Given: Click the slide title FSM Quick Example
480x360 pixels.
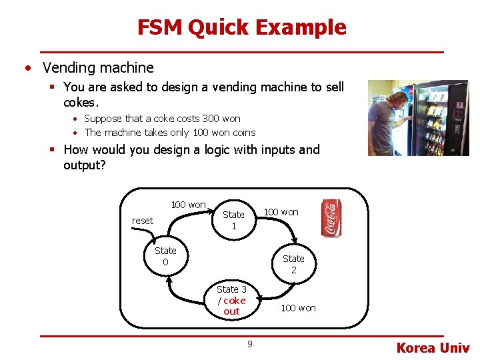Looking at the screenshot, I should pos(241,27).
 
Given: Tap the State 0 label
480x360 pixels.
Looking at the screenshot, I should pos(165,256).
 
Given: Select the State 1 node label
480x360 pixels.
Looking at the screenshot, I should pos(233,220).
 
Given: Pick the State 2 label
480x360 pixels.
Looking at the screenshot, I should pos(293,264).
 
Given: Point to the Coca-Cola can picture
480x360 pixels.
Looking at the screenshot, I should pos(331,218).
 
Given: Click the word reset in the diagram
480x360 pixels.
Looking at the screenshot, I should pos(142,221).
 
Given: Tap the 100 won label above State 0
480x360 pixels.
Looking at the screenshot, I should pos(188,205).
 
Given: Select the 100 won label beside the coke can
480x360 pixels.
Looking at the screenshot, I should pos(281,212).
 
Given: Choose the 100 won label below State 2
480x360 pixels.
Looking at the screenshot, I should pos(298,308).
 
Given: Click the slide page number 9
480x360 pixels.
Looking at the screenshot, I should pos(249,344).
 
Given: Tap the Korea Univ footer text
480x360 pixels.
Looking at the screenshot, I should pos(433,348).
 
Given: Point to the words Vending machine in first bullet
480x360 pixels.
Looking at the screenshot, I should pos(98,67).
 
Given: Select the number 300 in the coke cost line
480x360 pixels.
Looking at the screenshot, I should pos(211,119).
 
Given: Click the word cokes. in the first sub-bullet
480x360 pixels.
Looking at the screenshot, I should pos(81,103).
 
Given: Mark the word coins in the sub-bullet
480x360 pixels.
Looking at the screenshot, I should pos(244,132).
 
